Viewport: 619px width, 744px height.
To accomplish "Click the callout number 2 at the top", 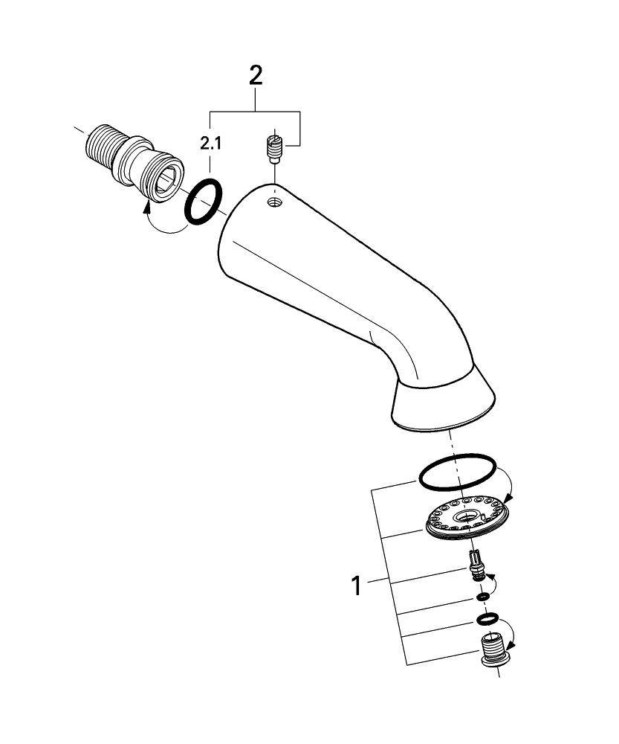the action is point(256,76).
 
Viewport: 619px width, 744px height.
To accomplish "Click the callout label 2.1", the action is point(210,144).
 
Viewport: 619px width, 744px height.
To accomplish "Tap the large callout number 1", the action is point(357,586).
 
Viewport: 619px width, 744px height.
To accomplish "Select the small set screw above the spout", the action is point(273,147).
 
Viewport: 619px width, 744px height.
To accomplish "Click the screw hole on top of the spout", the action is point(274,202).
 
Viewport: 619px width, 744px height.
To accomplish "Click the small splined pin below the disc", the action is point(476,565).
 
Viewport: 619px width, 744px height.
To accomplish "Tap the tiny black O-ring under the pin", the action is point(482,596).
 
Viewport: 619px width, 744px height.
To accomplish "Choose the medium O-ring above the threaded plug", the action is point(487,618).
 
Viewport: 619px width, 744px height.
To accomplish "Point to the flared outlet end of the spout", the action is point(443,403).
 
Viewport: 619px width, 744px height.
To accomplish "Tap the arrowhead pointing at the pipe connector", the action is point(147,207).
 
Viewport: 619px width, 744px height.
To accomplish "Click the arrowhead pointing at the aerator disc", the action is point(508,498).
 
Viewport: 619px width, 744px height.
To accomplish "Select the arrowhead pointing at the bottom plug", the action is point(511,645).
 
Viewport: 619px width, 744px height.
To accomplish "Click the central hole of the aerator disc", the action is point(467,516).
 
